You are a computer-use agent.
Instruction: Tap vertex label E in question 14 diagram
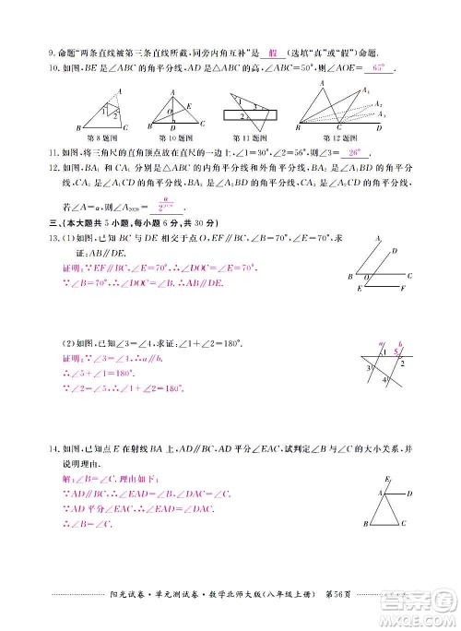386,480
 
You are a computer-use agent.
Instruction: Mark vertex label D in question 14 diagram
410,494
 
